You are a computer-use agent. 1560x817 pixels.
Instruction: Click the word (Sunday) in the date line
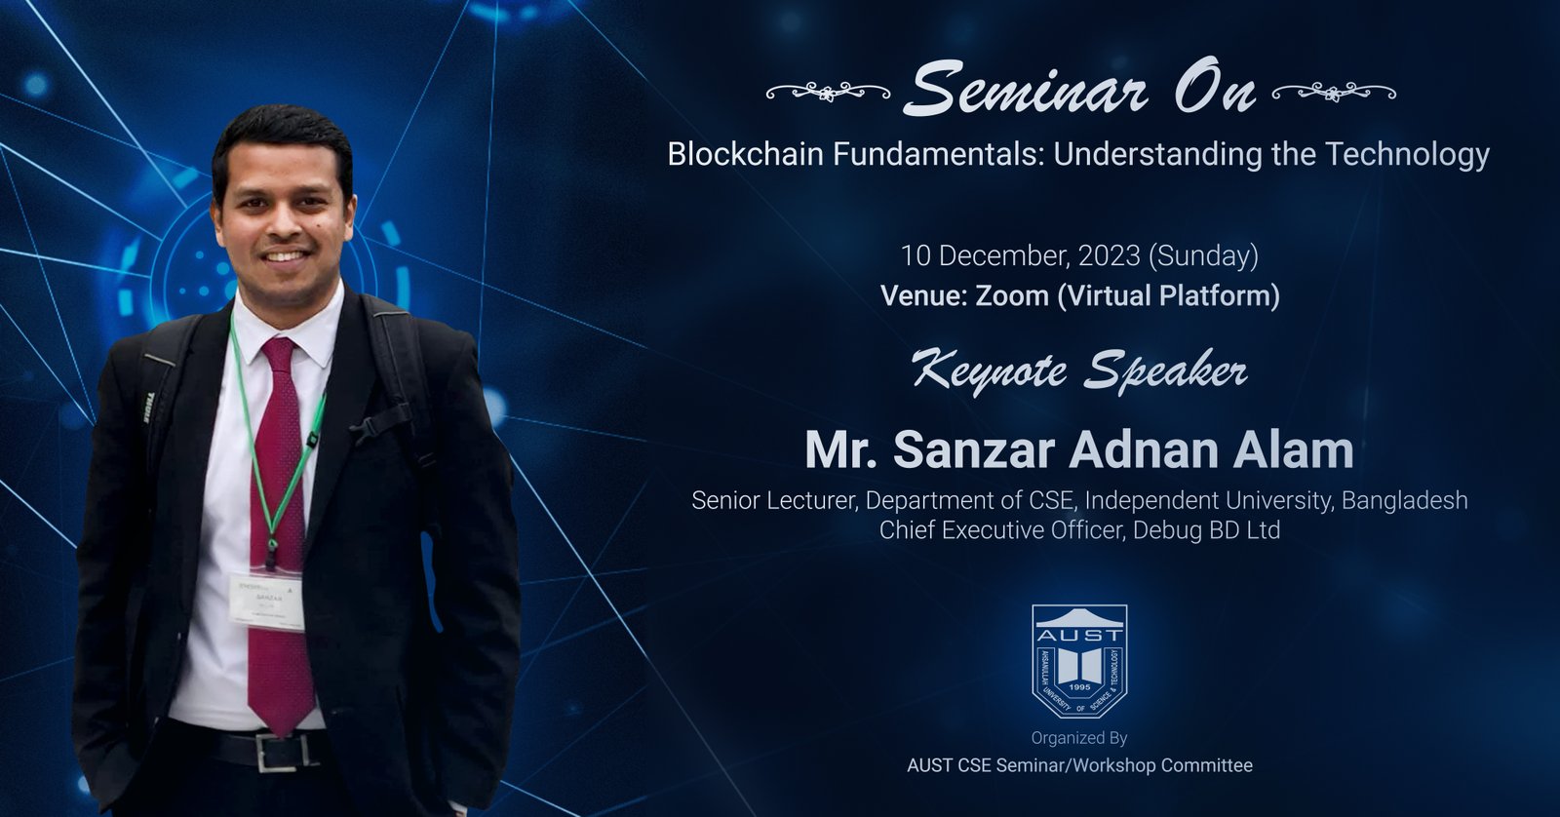pyautogui.click(x=1204, y=255)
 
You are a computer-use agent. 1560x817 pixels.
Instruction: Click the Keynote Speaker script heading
pyautogui.click(x=1079, y=371)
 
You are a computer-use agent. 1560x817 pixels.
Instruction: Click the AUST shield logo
pyautogui.click(x=1079, y=660)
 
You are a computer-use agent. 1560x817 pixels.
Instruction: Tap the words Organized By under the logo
pyautogui.click(x=1079, y=738)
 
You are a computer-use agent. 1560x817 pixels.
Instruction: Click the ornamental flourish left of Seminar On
pyautogui.click(x=828, y=93)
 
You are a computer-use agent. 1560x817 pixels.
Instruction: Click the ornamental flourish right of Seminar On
pyautogui.click(x=1334, y=93)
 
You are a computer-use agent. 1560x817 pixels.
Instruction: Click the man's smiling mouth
pyautogui.click(x=284, y=256)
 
